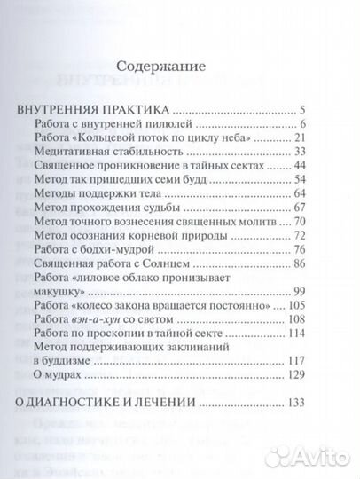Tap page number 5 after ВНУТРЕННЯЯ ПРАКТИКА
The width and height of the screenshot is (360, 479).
pyautogui.click(x=302, y=110)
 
